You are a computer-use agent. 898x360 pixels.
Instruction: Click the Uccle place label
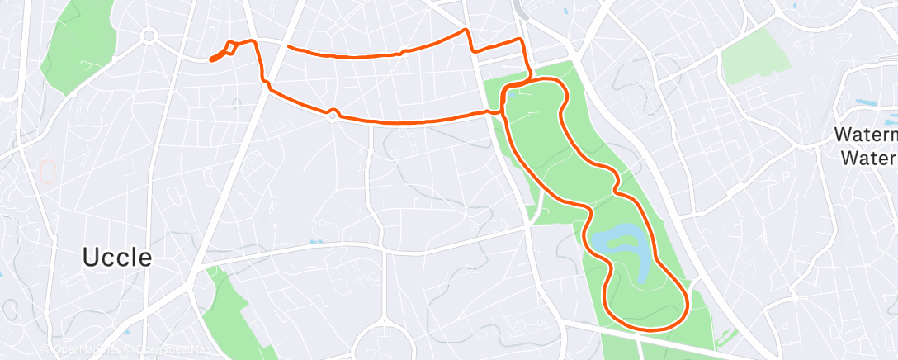[117, 257]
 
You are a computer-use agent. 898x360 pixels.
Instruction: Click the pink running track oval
[48, 172]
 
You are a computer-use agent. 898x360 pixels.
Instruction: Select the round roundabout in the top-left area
[149, 36]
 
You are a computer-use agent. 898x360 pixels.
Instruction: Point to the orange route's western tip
[211, 59]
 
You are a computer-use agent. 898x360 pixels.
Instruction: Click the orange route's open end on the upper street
[288, 47]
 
